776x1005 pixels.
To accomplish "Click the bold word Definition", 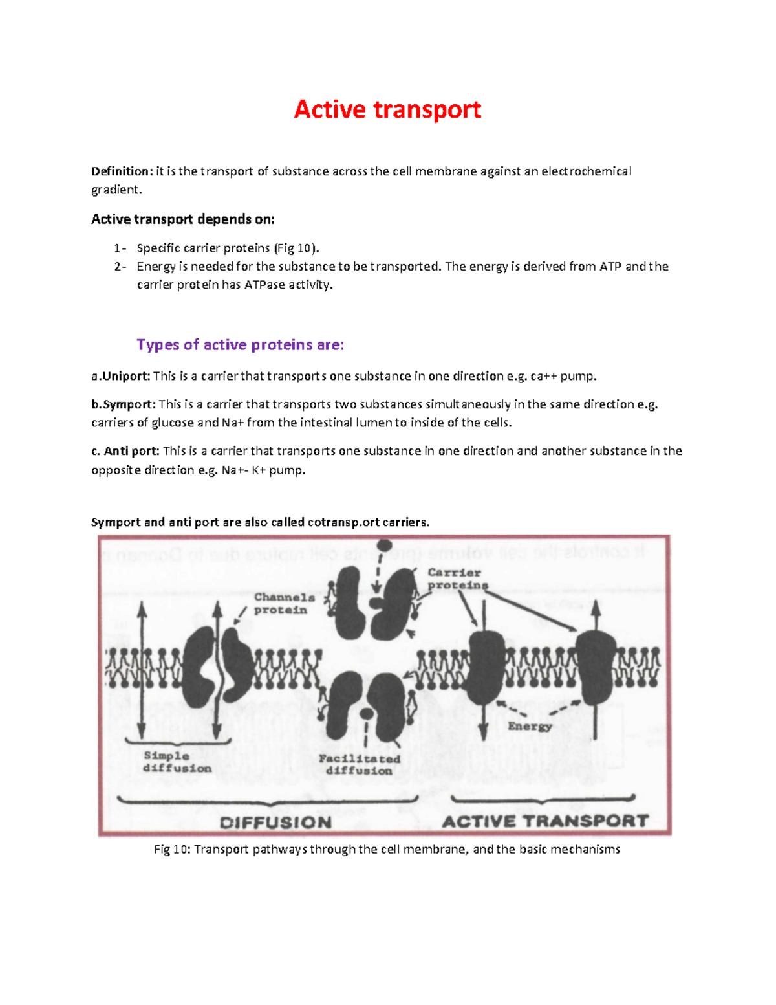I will click(x=121, y=171).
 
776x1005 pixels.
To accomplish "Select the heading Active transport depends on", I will click(x=183, y=219).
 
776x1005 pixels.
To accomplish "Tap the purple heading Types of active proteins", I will click(x=240, y=345).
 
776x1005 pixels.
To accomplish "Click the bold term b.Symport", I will click(x=124, y=404).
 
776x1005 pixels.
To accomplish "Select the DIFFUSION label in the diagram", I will click(x=275, y=823).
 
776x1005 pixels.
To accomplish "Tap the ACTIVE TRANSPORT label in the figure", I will click(x=544, y=821).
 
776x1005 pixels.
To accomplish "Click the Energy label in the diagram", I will click(x=529, y=726).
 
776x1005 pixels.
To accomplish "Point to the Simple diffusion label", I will click(x=177, y=762).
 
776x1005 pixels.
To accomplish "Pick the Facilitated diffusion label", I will click(x=359, y=764).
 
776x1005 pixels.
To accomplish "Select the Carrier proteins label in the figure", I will click(x=457, y=579).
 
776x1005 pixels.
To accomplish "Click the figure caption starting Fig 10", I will click(x=387, y=849).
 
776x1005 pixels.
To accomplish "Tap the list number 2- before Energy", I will click(x=120, y=267).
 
